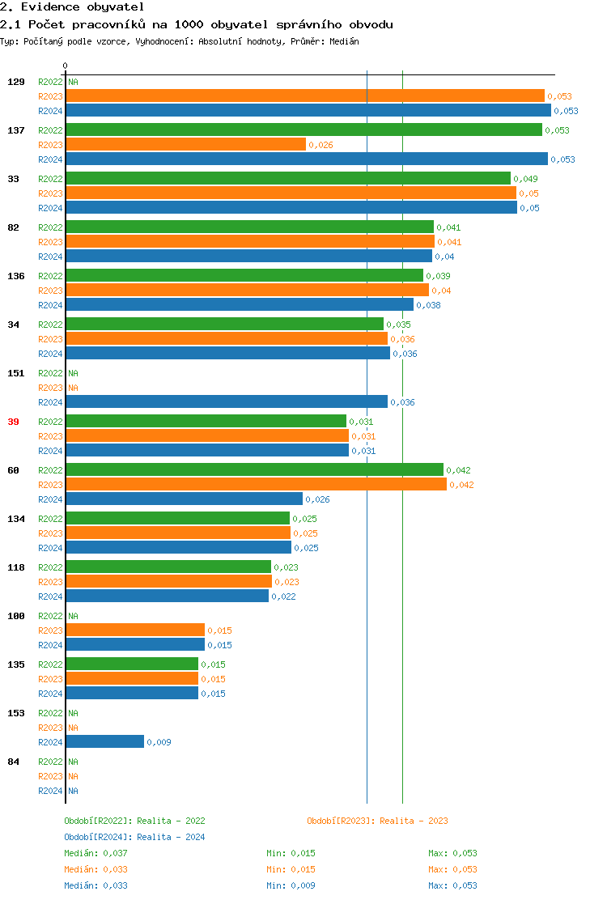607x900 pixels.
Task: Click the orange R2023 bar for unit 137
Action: [x=185, y=145]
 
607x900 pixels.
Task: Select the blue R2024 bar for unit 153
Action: [x=104, y=742]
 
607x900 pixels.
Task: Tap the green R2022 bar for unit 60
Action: [x=254, y=470]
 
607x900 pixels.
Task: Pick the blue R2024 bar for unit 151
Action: [x=227, y=402]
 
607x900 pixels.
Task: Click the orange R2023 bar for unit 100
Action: [x=135, y=630]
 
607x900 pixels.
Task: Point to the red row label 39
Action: [x=13, y=422]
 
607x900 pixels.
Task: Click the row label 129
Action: [x=15, y=82]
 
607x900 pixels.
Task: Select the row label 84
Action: [x=13, y=762]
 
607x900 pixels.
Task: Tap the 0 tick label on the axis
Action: [x=66, y=66]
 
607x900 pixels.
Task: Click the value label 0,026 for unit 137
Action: [x=320, y=146]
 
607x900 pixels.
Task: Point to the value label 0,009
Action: [x=159, y=742]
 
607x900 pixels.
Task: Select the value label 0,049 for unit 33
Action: [x=525, y=179]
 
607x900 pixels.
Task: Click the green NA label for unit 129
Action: [x=73, y=82]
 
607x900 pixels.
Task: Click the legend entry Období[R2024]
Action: [x=98, y=837]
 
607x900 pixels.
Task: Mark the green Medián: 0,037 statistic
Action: [x=96, y=853]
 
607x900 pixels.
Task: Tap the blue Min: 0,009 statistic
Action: [x=291, y=885]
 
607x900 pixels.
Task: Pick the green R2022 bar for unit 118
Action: [x=168, y=567]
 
